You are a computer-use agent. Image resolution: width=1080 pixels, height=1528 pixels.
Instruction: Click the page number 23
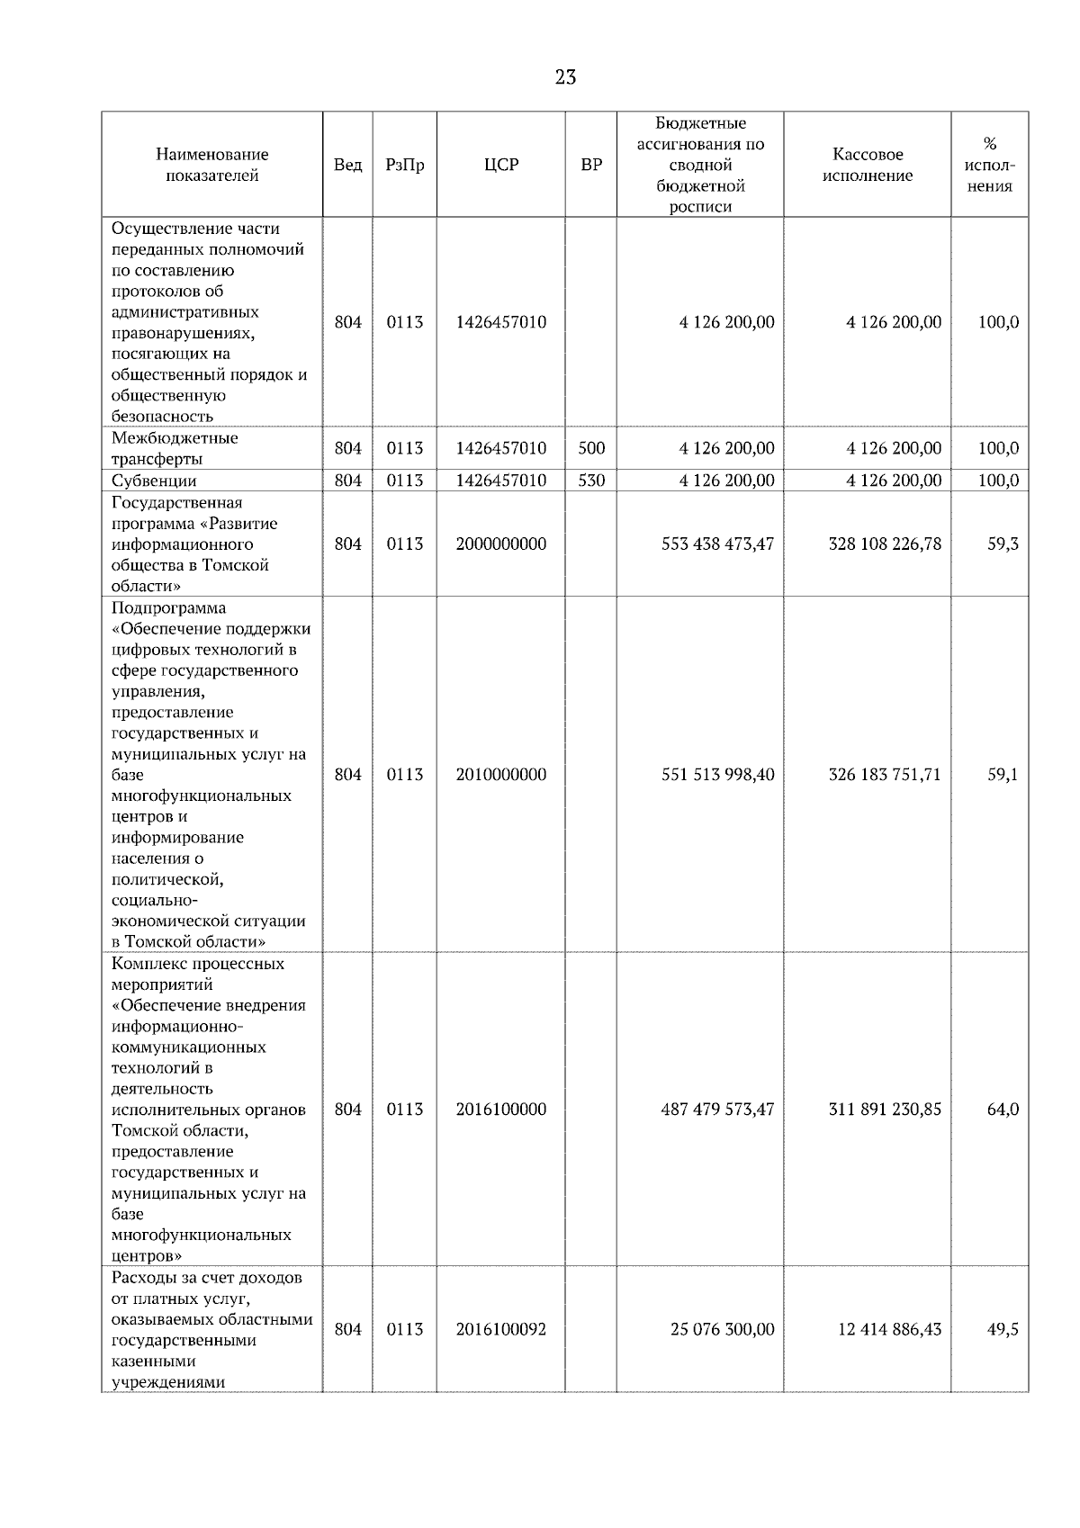pyautogui.click(x=565, y=77)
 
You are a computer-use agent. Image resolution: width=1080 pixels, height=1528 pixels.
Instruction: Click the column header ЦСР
pyautogui.click(x=500, y=165)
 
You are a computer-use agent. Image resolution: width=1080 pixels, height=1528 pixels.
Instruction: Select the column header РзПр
pyautogui.click(x=404, y=165)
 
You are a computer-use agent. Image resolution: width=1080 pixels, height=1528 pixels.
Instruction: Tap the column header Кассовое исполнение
pyautogui.click(x=867, y=165)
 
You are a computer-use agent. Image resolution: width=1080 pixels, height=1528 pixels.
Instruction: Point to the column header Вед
pyautogui.click(x=347, y=165)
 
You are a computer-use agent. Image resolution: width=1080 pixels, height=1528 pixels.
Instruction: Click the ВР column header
pyautogui.click(x=591, y=165)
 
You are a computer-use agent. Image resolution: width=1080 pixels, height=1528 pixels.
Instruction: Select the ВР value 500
pyautogui.click(x=591, y=448)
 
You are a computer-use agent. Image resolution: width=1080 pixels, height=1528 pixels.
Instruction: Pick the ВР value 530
pyautogui.click(x=591, y=481)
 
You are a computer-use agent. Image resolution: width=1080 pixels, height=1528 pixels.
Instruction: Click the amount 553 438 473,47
pyautogui.click(x=717, y=544)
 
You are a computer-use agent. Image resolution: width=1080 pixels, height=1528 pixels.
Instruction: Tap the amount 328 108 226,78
pyautogui.click(x=885, y=544)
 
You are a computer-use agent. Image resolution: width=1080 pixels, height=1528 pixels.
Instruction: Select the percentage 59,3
pyautogui.click(x=1003, y=544)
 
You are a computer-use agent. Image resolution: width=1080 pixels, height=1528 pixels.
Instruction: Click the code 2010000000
pyautogui.click(x=500, y=775)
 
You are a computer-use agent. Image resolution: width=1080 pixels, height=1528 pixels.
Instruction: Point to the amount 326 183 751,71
pyautogui.click(x=885, y=775)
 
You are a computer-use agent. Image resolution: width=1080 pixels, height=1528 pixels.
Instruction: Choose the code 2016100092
pyautogui.click(x=500, y=1329)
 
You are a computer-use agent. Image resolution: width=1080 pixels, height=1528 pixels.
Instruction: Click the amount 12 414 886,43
pyautogui.click(x=889, y=1329)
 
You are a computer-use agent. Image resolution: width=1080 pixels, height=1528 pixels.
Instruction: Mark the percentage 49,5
pyautogui.click(x=1003, y=1329)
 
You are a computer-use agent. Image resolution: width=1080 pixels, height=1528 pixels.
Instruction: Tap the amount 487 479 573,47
pyautogui.click(x=717, y=1110)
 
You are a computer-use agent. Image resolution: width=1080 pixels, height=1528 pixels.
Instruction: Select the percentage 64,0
pyautogui.click(x=1003, y=1110)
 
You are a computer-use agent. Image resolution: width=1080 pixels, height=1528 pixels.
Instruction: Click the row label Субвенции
pyautogui.click(x=154, y=481)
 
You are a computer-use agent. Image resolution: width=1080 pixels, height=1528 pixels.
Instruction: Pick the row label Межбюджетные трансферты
pyautogui.click(x=175, y=448)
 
